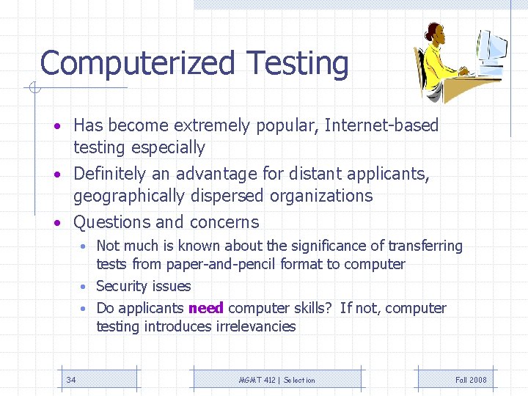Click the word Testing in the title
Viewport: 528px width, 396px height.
[x=298, y=64]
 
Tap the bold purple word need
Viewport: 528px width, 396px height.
[x=206, y=308]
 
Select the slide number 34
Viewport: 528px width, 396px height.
[x=71, y=380]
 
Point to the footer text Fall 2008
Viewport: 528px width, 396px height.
[x=471, y=380]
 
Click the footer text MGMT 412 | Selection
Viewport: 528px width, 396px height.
[x=277, y=380]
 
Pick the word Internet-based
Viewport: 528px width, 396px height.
[x=381, y=125]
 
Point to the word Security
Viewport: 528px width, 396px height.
[x=121, y=286]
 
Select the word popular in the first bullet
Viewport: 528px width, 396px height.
[x=285, y=125]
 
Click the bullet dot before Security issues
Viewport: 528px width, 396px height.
[x=85, y=287]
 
